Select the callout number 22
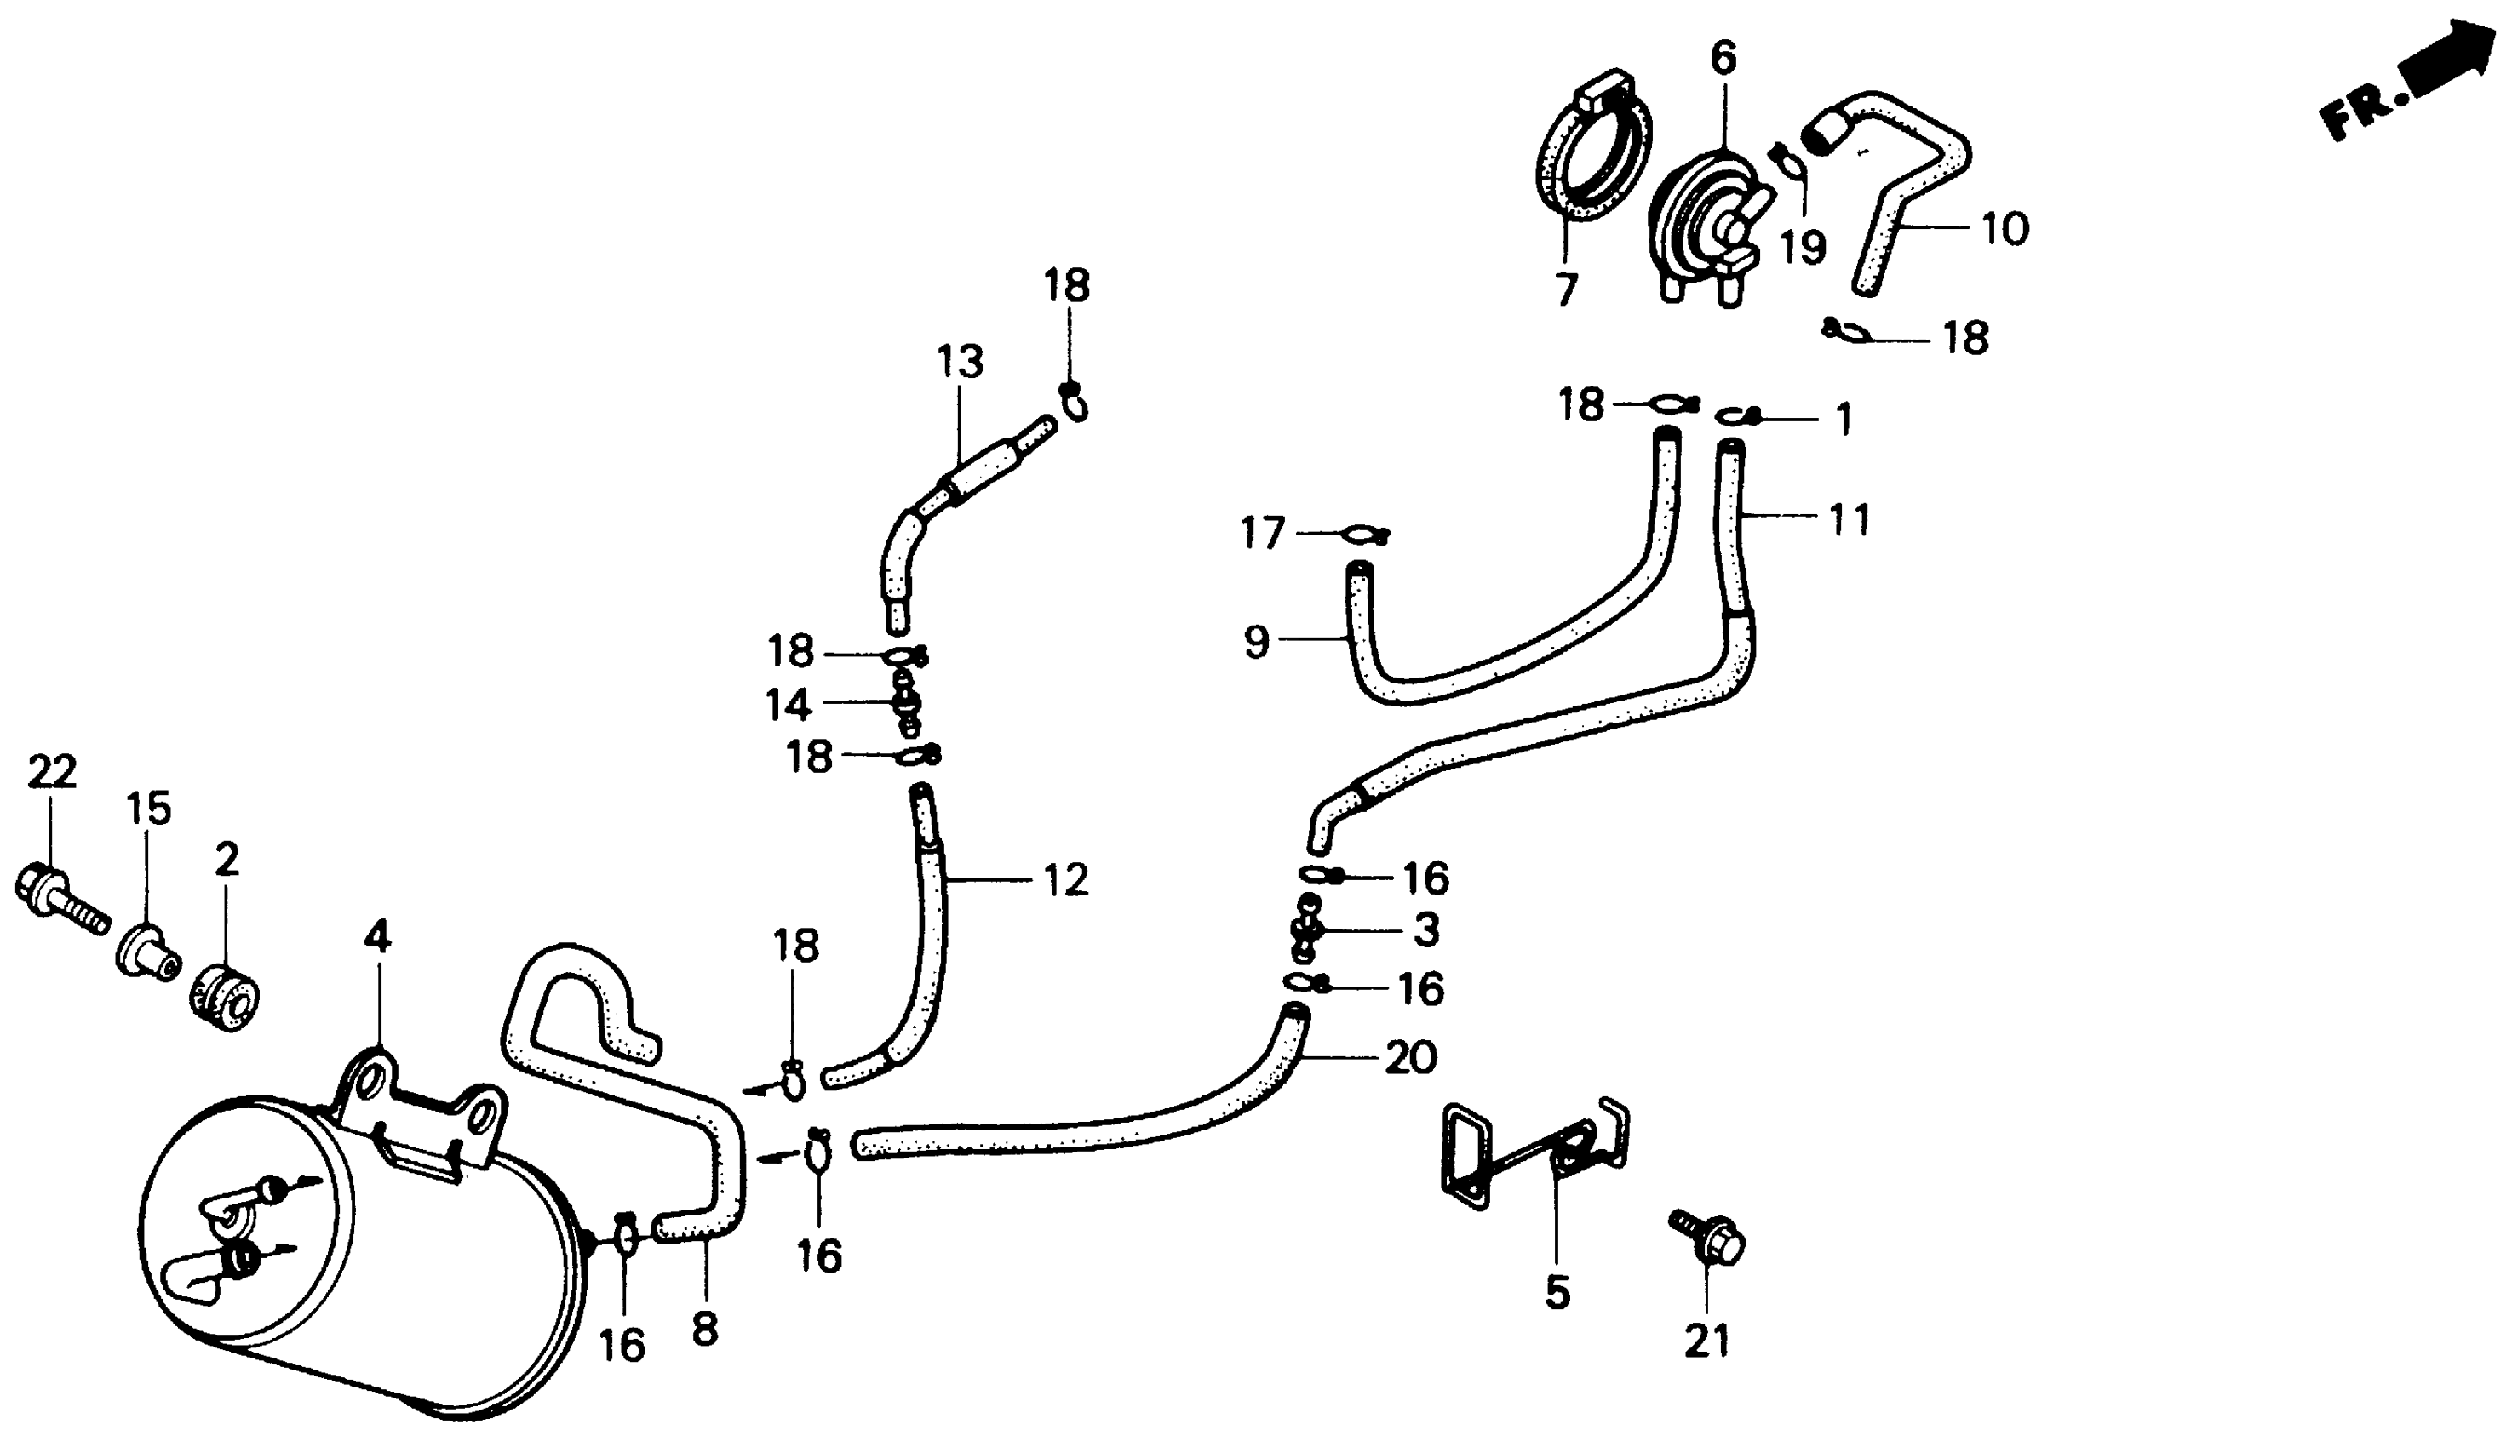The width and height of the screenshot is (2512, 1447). pyautogui.click(x=51, y=772)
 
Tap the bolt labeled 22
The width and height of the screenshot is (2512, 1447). pyautogui.click(x=59, y=901)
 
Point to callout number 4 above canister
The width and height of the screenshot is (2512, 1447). pyautogui.click(x=376, y=936)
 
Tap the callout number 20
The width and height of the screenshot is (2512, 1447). pyautogui.click(x=1409, y=1057)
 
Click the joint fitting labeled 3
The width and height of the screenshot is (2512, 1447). pyautogui.click(x=1307, y=931)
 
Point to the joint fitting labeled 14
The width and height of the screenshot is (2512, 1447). pyautogui.click(x=904, y=701)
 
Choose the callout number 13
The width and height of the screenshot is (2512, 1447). pyautogui.click(x=960, y=362)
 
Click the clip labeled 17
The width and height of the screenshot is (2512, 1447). pyautogui.click(x=1364, y=535)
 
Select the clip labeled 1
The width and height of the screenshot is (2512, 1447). pyautogui.click(x=1741, y=416)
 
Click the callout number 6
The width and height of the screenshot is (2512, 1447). pyautogui.click(x=1723, y=59)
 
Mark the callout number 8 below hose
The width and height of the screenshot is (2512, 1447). pyautogui.click(x=704, y=1329)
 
